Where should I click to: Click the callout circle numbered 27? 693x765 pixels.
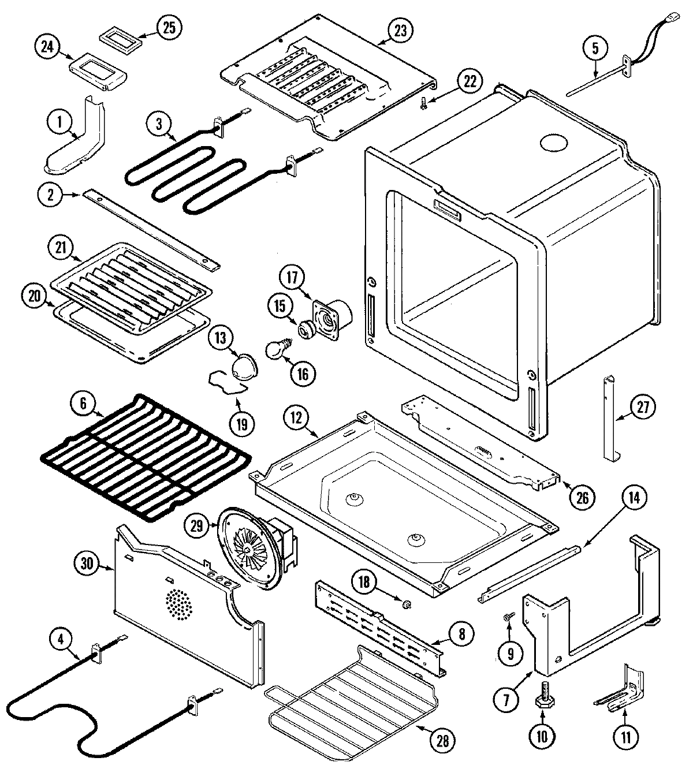click(x=642, y=408)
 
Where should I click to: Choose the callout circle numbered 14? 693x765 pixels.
click(x=634, y=498)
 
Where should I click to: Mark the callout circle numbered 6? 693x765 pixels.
click(x=84, y=404)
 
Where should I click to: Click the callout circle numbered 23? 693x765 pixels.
click(x=400, y=32)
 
